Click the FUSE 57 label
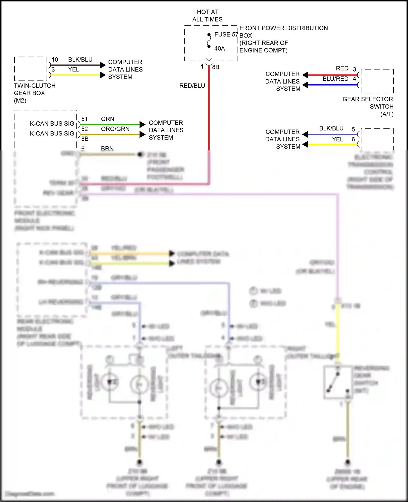226,35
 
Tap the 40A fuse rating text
220,49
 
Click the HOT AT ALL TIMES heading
207,16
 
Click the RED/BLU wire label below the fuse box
192,86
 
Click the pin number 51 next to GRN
85,119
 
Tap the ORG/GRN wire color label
115,129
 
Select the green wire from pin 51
109,125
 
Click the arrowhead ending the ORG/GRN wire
142,134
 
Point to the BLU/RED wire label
335,79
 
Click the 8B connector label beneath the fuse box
216,67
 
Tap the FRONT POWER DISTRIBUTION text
283,28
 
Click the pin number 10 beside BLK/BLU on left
55,60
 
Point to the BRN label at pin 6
107,148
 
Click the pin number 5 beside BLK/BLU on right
353,129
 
